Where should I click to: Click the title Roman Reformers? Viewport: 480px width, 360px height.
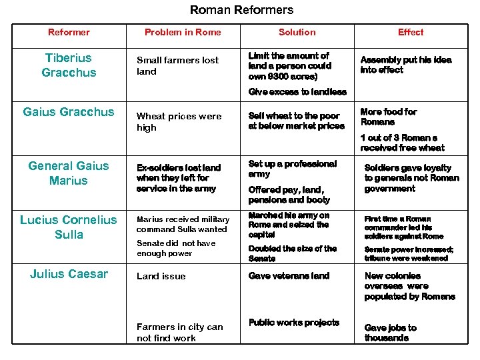coord(241,10)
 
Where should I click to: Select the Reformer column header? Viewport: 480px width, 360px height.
coord(69,32)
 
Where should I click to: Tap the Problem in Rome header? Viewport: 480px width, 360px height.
coord(183,32)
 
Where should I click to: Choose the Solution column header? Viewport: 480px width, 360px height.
coord(297,32)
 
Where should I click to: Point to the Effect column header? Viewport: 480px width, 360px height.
coord(411,32)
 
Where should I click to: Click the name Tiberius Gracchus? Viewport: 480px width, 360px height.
coord(69,65)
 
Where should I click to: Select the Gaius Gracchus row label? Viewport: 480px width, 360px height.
coord(69,112)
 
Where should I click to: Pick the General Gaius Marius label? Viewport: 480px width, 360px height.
coord(69,173)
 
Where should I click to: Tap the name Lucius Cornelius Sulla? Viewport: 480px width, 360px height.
coord(69,227)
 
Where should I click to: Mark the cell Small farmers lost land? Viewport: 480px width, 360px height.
coord(177,65)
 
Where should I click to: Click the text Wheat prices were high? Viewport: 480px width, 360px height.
coord(179,121)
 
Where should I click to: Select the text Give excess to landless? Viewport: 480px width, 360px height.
coord(297,92)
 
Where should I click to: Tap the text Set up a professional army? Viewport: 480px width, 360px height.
coord(293,169)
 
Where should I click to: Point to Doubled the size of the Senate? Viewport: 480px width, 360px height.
coord(293,253)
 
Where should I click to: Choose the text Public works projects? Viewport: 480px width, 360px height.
coord(293,323)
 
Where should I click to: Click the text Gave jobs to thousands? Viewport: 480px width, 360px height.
coord(390,333)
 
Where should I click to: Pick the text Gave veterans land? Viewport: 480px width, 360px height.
coord(289,276)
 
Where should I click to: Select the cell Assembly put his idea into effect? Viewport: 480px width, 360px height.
coord(405,65)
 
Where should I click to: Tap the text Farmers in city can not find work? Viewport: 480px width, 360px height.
coord(179,332)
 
